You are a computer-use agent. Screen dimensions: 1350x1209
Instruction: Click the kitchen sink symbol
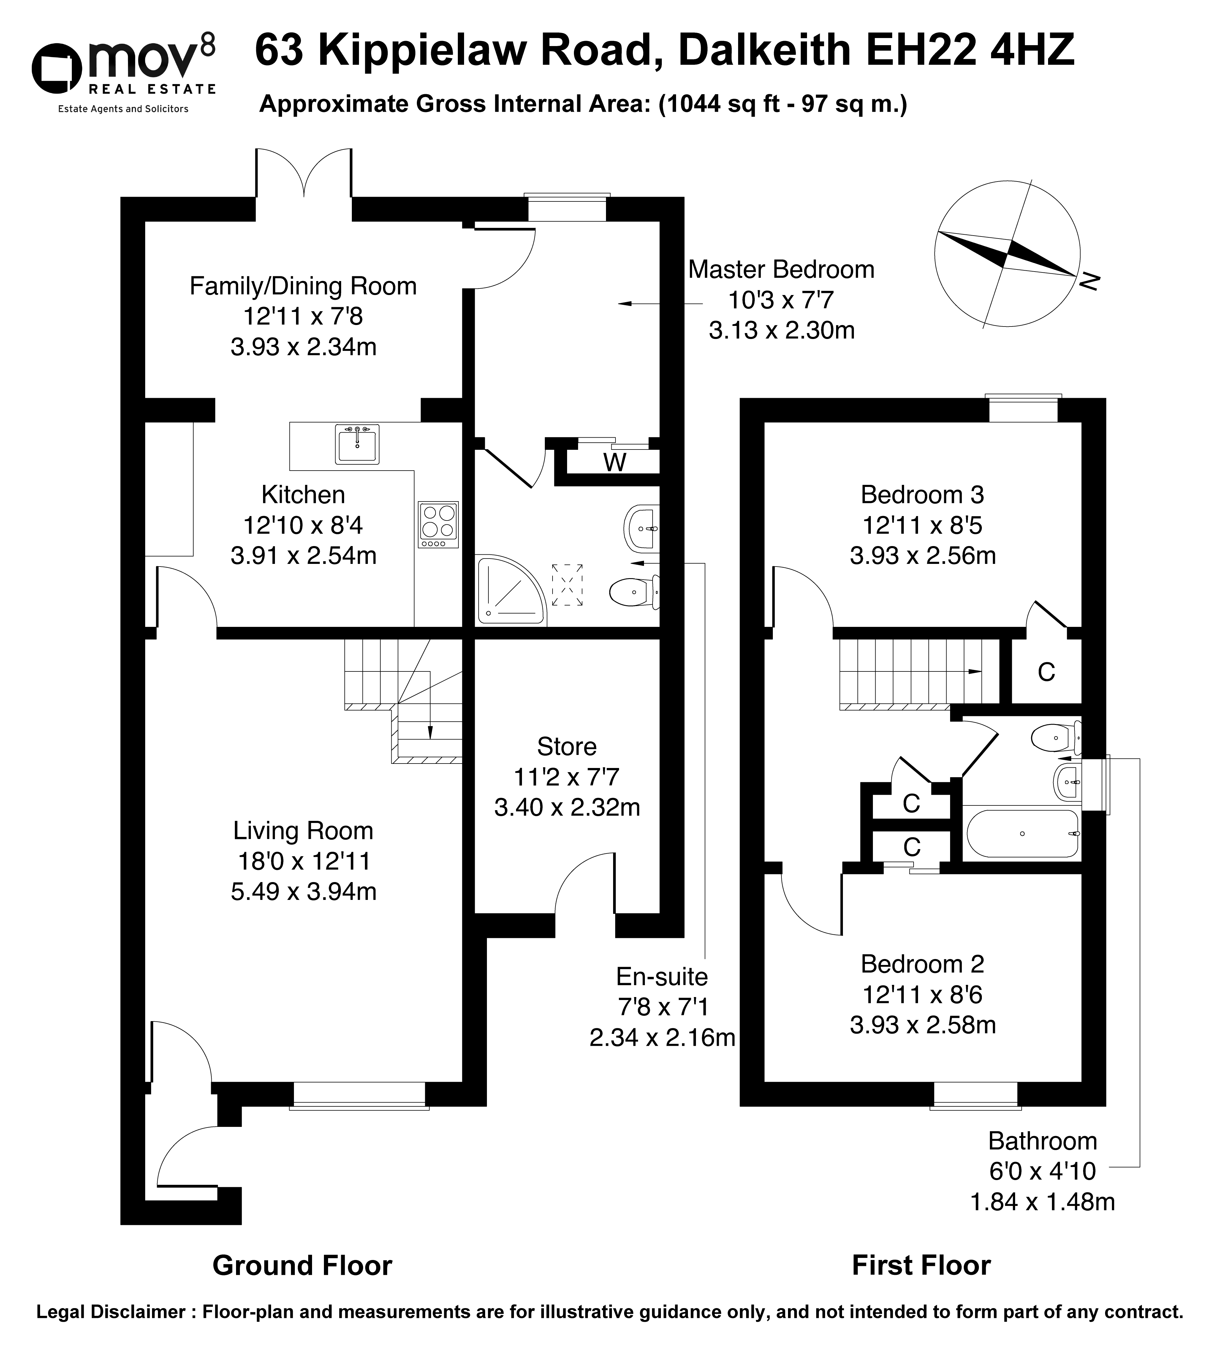[x=357, y=445]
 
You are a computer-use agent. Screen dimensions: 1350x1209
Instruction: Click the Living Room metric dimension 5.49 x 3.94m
[x=303, y=891]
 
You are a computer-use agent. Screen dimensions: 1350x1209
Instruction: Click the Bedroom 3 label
[x=922, y=495]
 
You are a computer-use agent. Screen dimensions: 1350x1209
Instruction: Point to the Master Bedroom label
[x=781, y=269]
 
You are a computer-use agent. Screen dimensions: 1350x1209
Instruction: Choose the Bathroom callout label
[x=1042, y=1141]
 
